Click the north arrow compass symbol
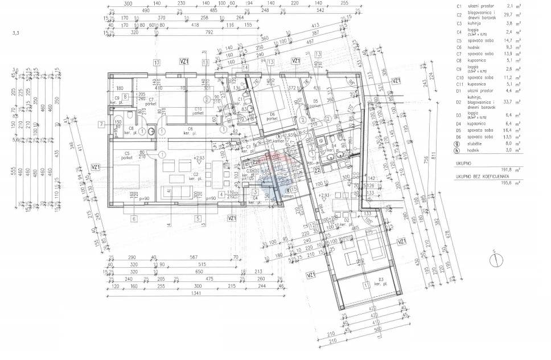496,260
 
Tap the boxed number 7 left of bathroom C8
100,124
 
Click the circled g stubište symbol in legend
458,145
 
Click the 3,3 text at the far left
15,34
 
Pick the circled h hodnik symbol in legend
458,152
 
